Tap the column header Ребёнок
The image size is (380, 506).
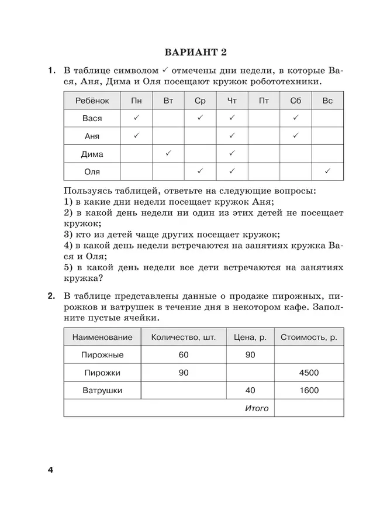click(x=92, y=101)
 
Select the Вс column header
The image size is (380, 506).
click(x=327, y=101)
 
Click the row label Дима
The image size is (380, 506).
click(x=92, y=154)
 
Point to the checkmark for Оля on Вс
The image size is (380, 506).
click(x=327, y=171)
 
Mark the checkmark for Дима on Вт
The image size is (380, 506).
click(x=168, y=154)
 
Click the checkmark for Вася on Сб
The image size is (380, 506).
click(x=296, y=118)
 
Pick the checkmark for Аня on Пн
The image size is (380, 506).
click(x=136, y=136)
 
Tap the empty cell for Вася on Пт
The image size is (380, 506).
click(x=264, y=118)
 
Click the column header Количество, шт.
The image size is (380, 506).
click(x=183, y=337)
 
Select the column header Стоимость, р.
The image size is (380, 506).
click(x=309, y=337)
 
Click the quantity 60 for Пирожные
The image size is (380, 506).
click(x=184, y=355)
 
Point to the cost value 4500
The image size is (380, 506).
click(x=309, y=373)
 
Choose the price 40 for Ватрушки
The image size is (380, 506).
click(x=250, y=390)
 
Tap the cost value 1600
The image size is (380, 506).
click(x=309, y=390)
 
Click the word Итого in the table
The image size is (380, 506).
click(x=257, y=408)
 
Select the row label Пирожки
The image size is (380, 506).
click(x=102, y=373)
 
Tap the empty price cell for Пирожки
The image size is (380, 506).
click(x=250, y=373)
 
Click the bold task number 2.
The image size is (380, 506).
click(x=51, y=295)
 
